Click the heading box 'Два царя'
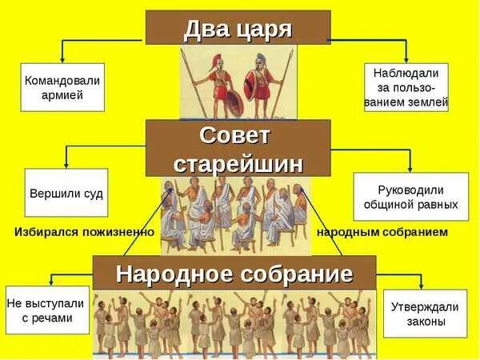point(238,28)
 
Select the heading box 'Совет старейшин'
point(238,148)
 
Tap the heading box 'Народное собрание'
point(234,274)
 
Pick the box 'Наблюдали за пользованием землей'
point(406,87)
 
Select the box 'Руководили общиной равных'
point(410,197)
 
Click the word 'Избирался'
point(46,232)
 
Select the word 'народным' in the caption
point(345,232)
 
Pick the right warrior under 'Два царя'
point(261,86)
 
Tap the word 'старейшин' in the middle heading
point(238,163)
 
